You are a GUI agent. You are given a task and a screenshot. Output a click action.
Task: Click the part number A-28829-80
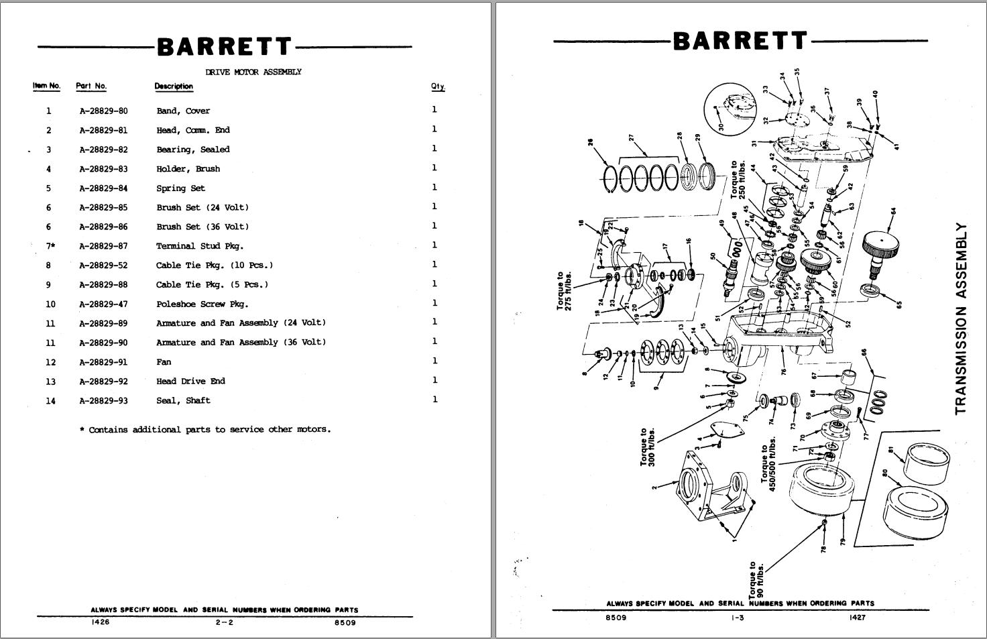pyautogui.click(x=103, y=111)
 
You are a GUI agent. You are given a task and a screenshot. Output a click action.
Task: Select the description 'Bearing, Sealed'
pyautogui.click(x=193, y=150)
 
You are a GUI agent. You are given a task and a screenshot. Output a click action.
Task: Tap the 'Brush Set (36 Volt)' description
pyautogui.click(x=202, y=227)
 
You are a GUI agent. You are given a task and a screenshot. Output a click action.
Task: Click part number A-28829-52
pyautogui.click(x=103, y=266)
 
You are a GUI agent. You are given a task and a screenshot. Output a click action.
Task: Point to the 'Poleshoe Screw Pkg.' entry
pyautogui.click(x=202, y=304)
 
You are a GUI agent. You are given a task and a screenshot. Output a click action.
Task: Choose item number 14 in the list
pyautogui.click(x=51, y=401)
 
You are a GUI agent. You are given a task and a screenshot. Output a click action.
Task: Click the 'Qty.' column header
pyautogui.click(x=438, y=86)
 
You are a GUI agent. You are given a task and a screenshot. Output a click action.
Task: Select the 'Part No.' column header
pyautogui.click(x=91, y=86)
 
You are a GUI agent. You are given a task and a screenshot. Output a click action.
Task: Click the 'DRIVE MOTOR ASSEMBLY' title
pyautogui.click(x=253, y=72)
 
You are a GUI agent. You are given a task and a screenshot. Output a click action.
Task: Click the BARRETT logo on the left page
pyautogui.click(x=225, y=47)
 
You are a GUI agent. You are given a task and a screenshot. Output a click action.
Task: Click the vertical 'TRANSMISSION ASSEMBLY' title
pyautogui.click(x=961, y=318)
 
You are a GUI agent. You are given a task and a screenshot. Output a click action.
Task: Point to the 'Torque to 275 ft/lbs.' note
pyautogui.click(x=565, y=290)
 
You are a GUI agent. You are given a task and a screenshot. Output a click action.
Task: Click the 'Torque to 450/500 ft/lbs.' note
pyautogui.click(x=768, y=465)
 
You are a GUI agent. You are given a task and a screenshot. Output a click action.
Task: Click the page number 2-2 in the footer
pyautogui.click(x=224, y=622)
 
